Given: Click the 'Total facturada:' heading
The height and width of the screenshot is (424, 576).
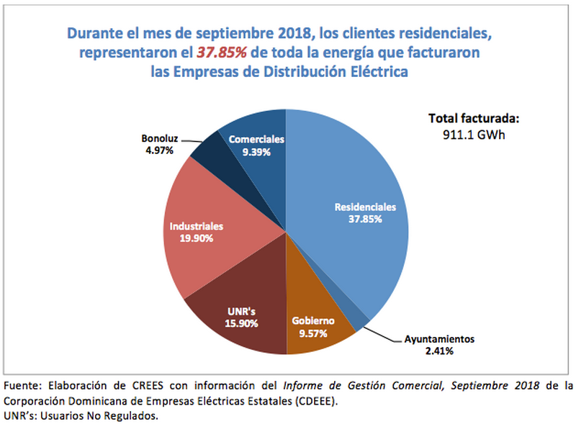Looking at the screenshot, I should click(473, 119).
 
